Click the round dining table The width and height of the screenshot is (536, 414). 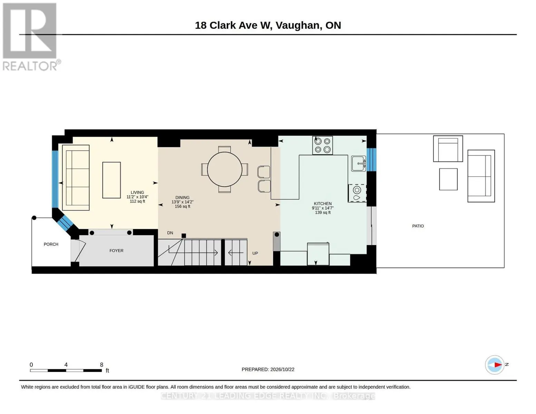point(224,169)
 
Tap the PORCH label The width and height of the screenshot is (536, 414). point(51,244)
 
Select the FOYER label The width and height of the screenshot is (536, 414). point(116,251)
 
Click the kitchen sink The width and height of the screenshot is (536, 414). point(359,164)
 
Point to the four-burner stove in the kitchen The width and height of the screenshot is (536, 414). point(322,146)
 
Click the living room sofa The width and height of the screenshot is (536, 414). point(76,178)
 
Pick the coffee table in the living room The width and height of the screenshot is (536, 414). point(111,180)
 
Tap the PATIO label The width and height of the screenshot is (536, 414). point(418,226)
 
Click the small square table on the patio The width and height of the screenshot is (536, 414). point(448,179)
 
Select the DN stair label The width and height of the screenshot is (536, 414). point(170,233)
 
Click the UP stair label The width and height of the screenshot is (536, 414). point(255,254)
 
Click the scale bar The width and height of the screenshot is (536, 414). point(66,370)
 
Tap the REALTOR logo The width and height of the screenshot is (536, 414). point(30,37)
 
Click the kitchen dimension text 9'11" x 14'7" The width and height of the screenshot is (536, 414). point(323,208)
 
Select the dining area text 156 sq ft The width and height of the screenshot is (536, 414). point(183,206)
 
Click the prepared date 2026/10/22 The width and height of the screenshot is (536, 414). point(282,369)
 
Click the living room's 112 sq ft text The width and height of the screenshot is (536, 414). point(137,201)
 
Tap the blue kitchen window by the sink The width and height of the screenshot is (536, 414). point(371,160)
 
